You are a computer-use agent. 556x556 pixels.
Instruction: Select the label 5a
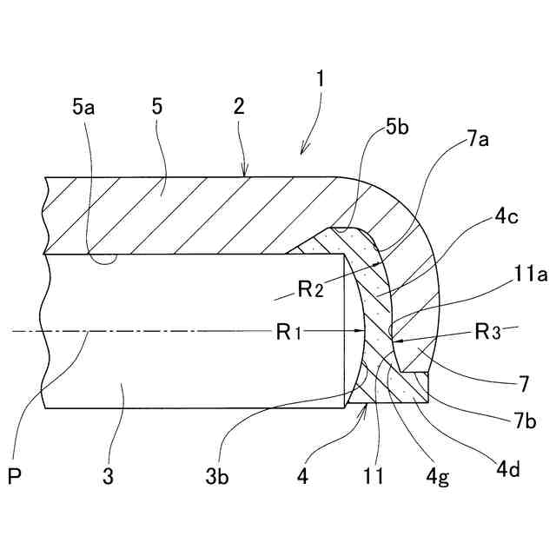(83, 107)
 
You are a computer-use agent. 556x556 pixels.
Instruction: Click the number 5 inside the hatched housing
(156, 107)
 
